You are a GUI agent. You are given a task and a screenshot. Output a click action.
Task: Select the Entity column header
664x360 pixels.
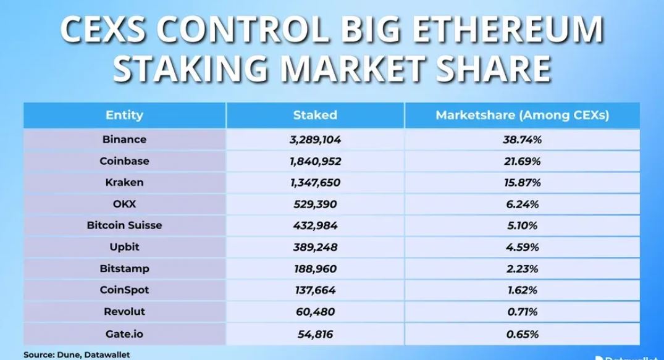(x=124, y=115)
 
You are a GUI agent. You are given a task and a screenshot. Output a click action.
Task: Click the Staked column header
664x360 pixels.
(x=315, y=115)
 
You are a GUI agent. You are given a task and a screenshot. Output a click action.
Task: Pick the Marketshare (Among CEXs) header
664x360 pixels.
(x=522, y=115)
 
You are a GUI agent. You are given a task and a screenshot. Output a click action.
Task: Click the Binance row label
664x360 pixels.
(x=124, y=140)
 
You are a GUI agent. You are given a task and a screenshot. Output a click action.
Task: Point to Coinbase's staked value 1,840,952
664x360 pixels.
(x=315, y=161)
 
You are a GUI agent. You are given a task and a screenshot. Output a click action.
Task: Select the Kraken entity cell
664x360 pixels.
(x=124, y=183)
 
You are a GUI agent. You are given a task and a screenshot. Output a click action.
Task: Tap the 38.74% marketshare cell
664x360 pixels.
(x=522, y=140)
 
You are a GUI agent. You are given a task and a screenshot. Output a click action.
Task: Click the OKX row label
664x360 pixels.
(x=124, y=204)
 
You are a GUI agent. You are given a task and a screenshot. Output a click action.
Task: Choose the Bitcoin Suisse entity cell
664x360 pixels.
(x=124, y=225)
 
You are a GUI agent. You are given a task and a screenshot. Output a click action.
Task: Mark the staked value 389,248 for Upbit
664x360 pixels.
(x=315, y=247)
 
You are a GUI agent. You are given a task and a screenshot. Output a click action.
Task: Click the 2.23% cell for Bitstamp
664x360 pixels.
(x=522, y=269)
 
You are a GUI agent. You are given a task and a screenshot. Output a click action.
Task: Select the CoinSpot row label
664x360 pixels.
(x=124, y=290)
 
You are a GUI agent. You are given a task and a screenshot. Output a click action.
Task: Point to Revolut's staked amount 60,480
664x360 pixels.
(x=315, y=311)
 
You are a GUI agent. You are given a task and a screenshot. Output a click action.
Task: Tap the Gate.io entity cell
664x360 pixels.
(x=124, y=334)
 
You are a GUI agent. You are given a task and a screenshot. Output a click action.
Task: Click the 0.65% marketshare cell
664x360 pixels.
(x=522, y=334)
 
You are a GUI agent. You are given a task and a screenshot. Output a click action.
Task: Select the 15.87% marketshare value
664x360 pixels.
(x=522, y=183)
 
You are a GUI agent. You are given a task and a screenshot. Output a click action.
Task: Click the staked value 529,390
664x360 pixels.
(x=315, y=204)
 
